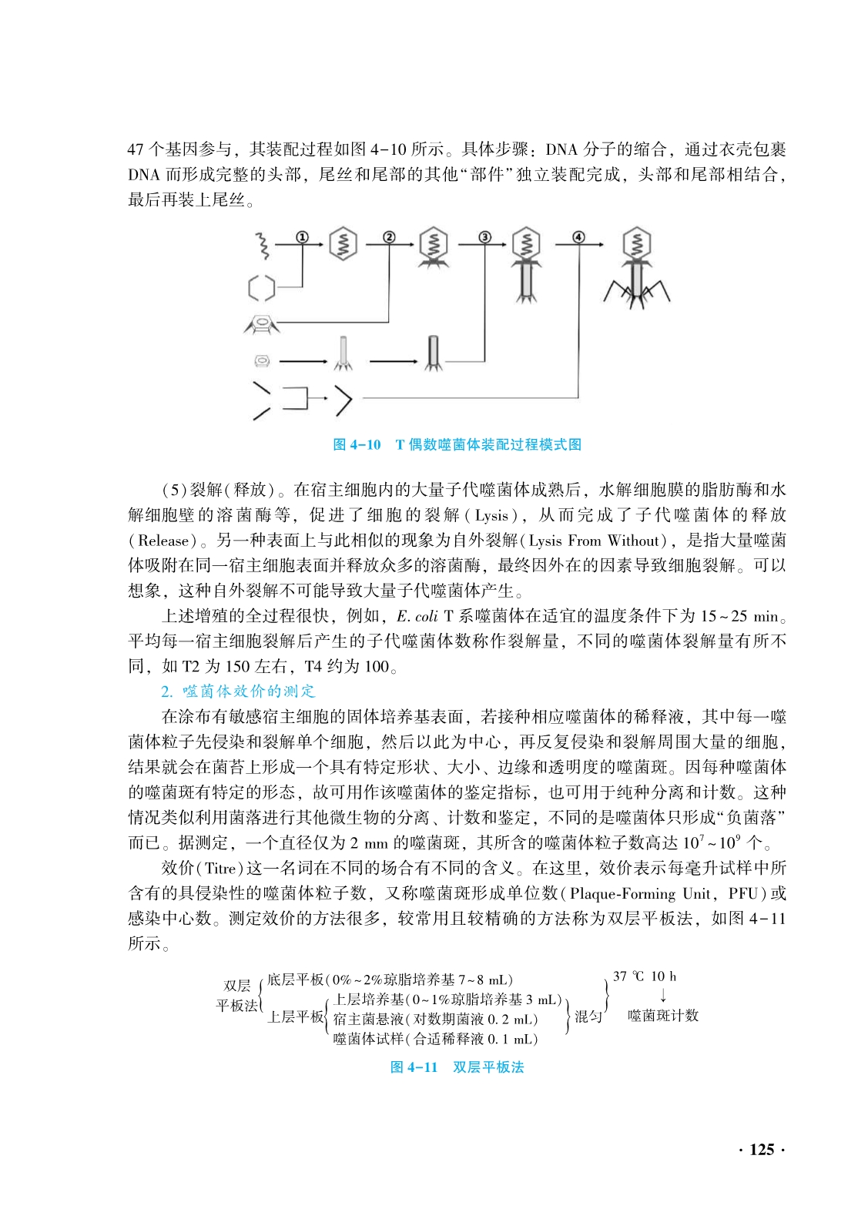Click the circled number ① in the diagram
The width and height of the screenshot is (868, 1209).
point(302,237)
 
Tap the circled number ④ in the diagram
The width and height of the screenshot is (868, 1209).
point(578,237)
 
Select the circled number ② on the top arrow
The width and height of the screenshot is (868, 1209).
point(389,237)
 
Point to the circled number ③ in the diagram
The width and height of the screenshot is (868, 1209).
point(484,237)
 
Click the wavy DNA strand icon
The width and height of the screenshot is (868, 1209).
point(263,245)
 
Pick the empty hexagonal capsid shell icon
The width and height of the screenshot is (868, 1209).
point(261,288)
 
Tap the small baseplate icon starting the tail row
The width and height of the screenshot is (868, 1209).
point(261,360)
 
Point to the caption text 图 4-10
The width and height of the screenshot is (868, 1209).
point(357,444)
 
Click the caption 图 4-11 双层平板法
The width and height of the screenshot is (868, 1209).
point(457,1067)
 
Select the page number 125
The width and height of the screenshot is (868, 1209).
point(761,1149)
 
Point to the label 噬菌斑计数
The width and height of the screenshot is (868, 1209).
point(662,1015)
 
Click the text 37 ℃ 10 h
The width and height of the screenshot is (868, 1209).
point(645,976)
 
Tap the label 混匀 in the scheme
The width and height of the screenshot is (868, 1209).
point(588,1016)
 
